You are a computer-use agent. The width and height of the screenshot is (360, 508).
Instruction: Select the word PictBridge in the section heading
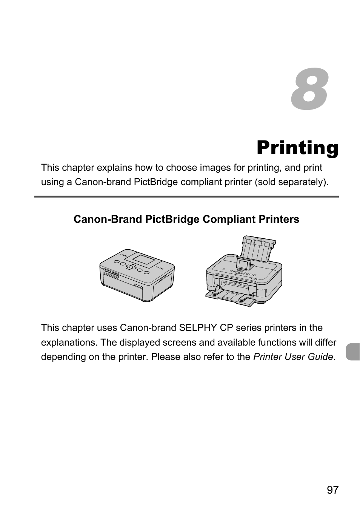[x=172, y=219]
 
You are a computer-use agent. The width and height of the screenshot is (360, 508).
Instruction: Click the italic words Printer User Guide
[x=293, y=357]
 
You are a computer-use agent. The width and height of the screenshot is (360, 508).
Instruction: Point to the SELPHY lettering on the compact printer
[x=160, y=268]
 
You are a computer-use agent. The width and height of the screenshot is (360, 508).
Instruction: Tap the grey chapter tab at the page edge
[x=353, y=352]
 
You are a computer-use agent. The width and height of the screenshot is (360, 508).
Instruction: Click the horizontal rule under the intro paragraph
[x=186, y=197]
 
